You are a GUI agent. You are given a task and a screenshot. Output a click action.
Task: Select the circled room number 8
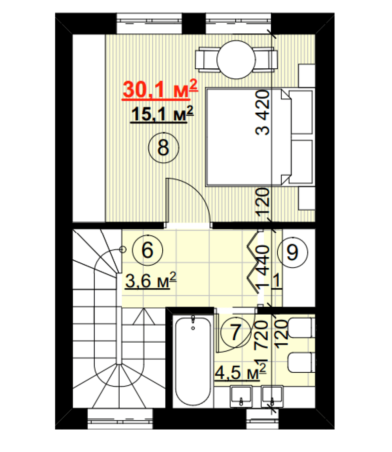coord(163,148)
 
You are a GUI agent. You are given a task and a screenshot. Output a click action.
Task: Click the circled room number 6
coord(147,250)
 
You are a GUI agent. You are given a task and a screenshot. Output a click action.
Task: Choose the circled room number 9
coord(293,252)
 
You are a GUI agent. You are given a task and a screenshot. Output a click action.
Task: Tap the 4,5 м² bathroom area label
coord(241,372)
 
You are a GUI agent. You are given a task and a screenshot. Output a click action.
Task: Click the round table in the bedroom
coord(236,60)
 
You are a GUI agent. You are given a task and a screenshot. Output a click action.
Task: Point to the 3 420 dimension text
coord(263,113)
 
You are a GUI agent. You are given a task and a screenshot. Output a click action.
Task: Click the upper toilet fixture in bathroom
coord(301,328)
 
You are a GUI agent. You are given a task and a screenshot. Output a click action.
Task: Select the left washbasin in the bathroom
coord(241,397)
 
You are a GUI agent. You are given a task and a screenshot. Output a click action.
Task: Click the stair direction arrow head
coord(144,317)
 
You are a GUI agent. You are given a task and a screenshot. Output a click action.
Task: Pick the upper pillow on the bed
coord(301,112)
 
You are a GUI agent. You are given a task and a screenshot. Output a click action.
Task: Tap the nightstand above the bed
coord(307,75)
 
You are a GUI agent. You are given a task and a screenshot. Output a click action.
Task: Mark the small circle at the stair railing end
coord(123,250)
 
